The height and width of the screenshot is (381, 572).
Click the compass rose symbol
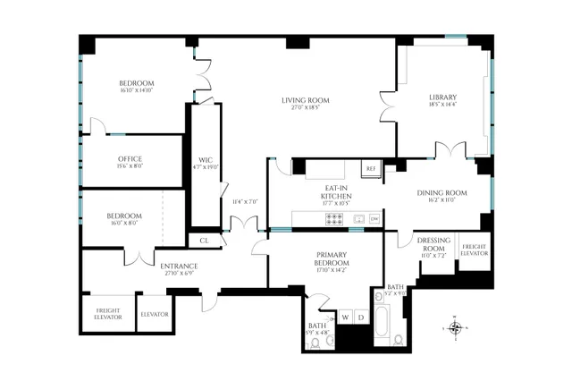pyautogui.click(x=457, y=327)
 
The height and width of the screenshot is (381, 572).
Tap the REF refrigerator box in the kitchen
pyautogui.click(x=370, y=168)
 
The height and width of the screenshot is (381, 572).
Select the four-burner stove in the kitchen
pyautogui.click(x=335, y=217)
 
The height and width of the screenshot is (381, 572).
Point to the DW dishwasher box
pyautogui.click(x=374, y=218)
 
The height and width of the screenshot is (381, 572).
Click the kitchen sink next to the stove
pyautogui.click(x=357, y=218)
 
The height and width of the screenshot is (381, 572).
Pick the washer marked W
pyautogui.click(x=345, y=317)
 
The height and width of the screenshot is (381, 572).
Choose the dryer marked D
pyautogui.click(x=362, y=317)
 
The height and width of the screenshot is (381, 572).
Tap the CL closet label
pyautogui.click(x=203, y=241)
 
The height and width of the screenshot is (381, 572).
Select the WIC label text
pyautogui.click(x=205, y=160)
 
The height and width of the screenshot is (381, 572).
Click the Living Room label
pyautogui.click(x=306, y=100)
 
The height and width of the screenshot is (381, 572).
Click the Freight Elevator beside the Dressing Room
pyautogui.click(x=474, y=250)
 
